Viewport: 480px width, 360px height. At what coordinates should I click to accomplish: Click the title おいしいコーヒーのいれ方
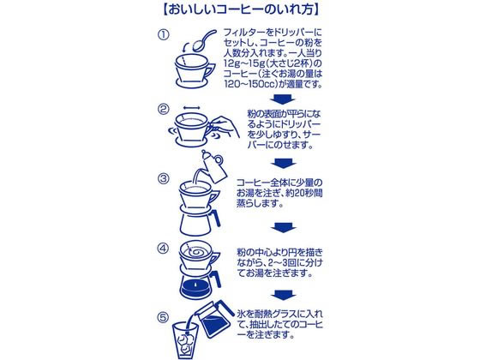tap(238, 12)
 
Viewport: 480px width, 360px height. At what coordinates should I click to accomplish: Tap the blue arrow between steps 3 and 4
tap(281, 227)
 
